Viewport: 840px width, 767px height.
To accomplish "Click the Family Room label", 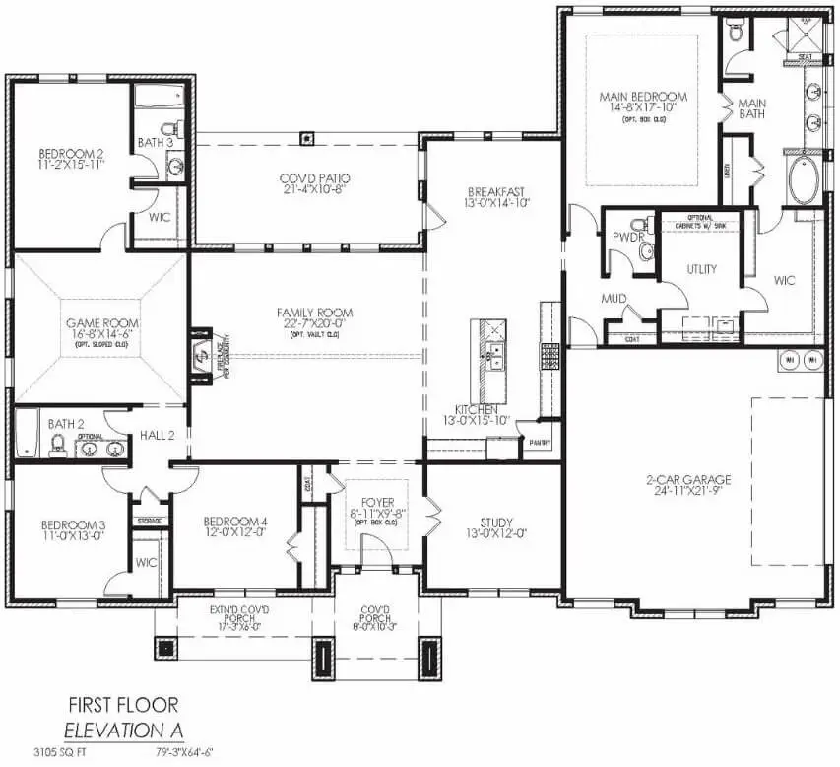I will pos(314,314).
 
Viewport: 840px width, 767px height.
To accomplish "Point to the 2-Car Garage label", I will pos(689,480).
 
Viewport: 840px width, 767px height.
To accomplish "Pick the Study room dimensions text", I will pos(496,534).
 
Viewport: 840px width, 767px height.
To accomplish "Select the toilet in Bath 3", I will pos(174,129).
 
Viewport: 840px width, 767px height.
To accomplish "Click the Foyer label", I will pos(377,500).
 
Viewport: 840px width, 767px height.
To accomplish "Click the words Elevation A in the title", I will pos(122,731).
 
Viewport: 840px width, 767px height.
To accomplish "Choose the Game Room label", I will pos(102,322).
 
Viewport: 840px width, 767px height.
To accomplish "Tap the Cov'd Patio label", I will pos(315,178).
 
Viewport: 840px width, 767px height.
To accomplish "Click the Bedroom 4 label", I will pos(235,522).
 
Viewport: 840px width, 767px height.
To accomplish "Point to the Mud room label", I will pos(614,298).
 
